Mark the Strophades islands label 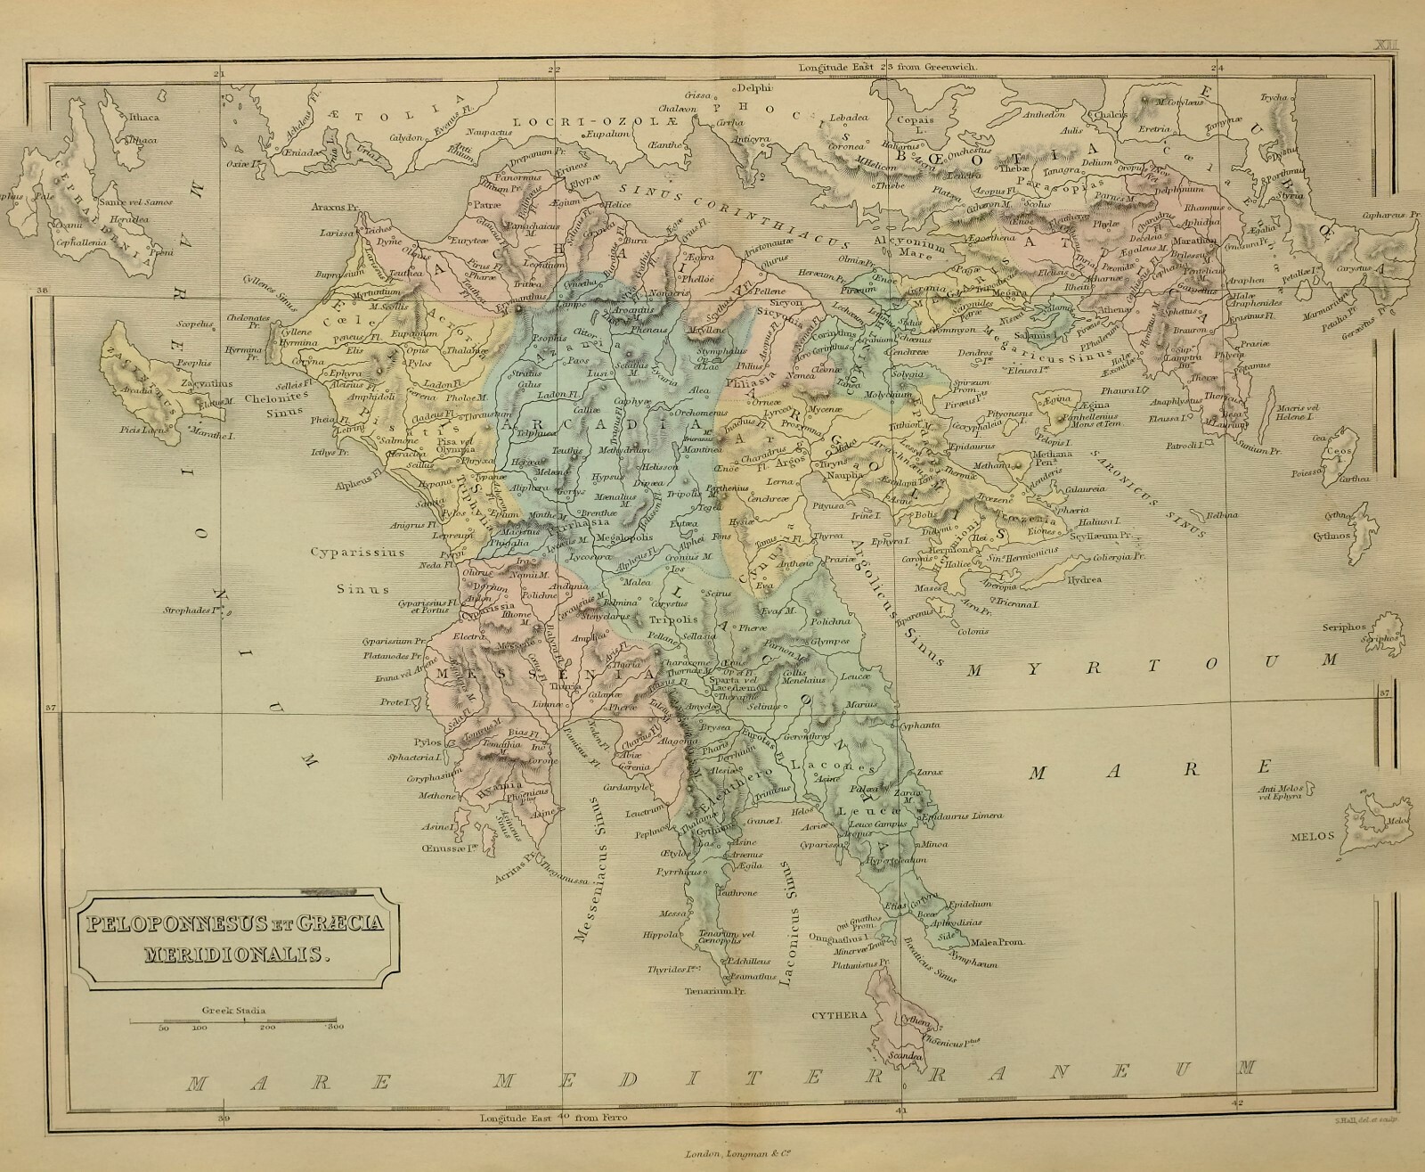(191, 611)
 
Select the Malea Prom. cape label (1003, 942)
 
